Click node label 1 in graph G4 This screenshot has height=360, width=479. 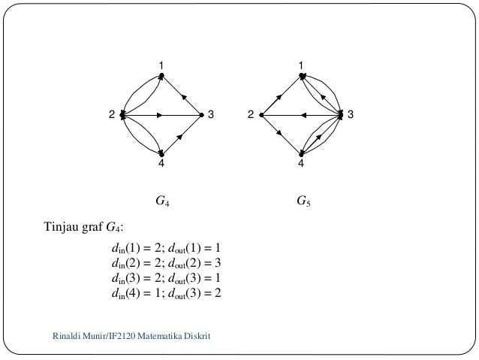coord(160,65)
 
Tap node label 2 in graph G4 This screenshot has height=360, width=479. coord(111,115)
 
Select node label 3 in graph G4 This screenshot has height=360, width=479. coord(211,115)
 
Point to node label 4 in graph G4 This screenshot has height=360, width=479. coord(161,164)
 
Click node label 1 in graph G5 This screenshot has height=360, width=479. coord(301,65)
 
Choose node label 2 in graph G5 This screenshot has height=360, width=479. coord(252,115)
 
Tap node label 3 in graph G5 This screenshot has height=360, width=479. coord(351,115)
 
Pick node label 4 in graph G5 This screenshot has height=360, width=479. coord(301,164)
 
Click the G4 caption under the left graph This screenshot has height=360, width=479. coord(161,201)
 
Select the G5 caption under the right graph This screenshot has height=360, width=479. coord(302,201)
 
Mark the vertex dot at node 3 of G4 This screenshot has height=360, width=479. coord(201,115)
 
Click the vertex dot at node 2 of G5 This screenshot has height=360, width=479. coord(261,115)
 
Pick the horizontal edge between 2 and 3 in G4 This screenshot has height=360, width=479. coord(176,115)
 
